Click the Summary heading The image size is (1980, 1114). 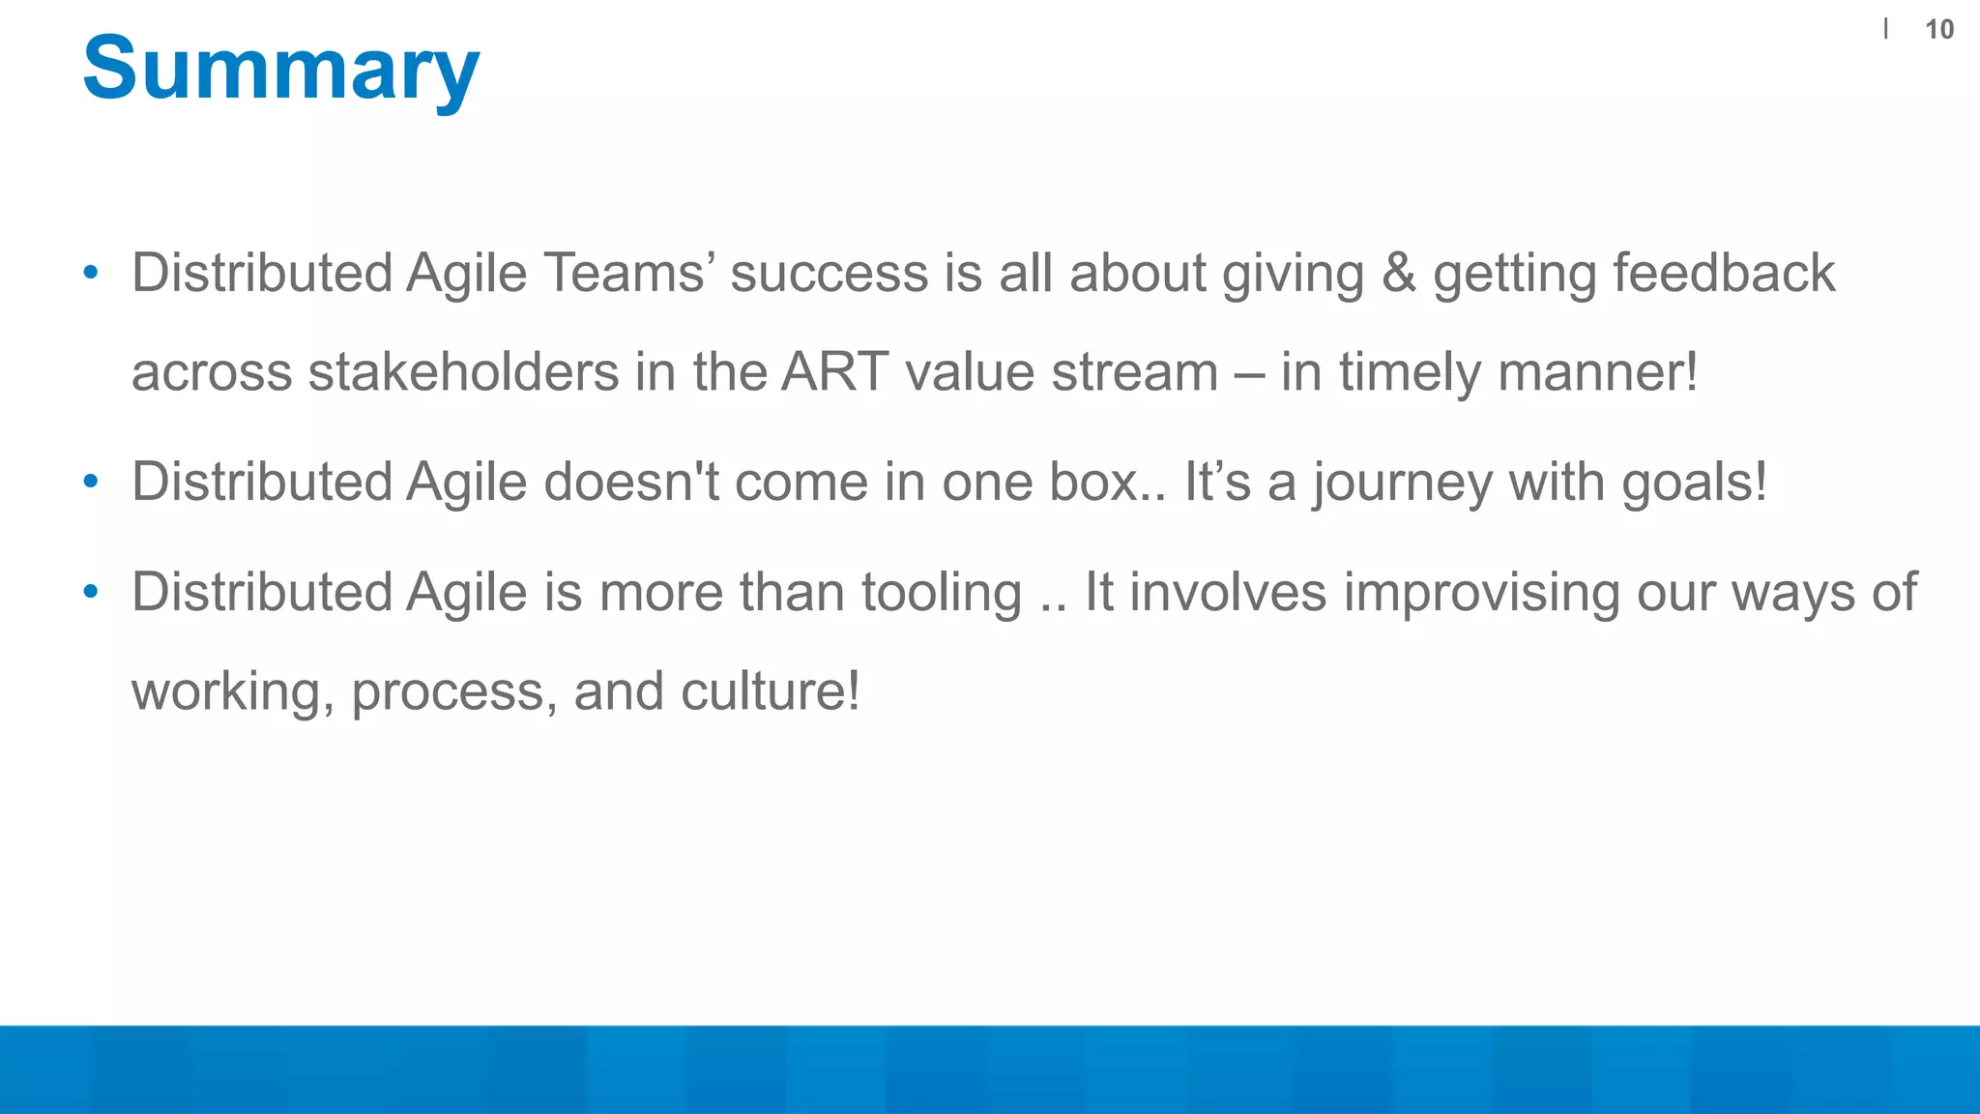[x=280, y=68]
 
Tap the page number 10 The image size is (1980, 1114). [x=1938, y=30]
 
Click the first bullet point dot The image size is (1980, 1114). [x=91, y=273]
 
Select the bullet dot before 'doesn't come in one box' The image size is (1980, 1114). [x=91, y=482]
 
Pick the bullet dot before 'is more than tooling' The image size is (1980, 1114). [x=91, y=592]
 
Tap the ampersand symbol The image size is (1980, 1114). [x=1398, y=273]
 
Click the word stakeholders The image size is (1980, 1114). [x=463, y=372]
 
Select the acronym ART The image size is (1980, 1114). [x=834, y=372]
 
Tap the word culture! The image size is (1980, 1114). [x=770, y=692]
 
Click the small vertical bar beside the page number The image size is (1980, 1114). [x=1885, y=30]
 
